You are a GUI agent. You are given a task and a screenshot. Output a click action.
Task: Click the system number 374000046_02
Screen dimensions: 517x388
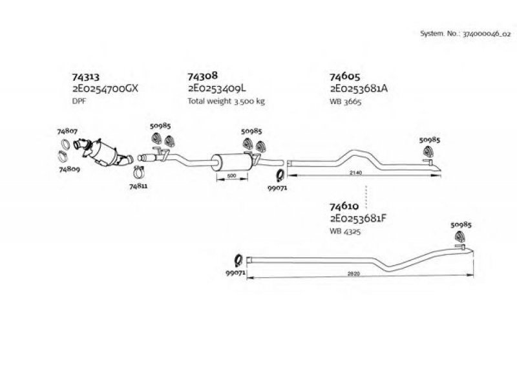(x=487, y=34)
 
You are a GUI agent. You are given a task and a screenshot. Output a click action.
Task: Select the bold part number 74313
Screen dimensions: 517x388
(x=86, y=77)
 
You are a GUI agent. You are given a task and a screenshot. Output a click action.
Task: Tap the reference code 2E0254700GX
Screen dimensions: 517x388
(x=105, y=89)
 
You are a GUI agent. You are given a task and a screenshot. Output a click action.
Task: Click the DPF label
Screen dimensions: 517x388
(x=79, y=101)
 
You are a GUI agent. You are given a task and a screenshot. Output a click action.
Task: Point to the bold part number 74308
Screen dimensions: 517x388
(x=203, y=76)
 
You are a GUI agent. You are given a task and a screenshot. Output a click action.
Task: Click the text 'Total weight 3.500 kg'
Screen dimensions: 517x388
(x=226, y=101)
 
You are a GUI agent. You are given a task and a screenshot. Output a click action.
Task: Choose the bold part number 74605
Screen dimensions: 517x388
(x=345, y=76)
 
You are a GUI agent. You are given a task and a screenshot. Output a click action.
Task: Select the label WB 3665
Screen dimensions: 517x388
(x=346, y=102)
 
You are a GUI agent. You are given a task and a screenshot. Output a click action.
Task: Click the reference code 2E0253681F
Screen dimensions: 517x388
(x=358, y=219)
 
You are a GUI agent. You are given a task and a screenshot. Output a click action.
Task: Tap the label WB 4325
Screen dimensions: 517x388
(x=345, y=232)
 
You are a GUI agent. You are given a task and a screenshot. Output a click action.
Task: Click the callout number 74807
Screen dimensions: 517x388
(x=67, y=131)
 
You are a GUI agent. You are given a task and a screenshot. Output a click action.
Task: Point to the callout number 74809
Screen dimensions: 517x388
(x=70, y=169)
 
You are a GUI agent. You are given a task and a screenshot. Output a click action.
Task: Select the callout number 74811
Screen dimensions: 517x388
(x=138, y=186)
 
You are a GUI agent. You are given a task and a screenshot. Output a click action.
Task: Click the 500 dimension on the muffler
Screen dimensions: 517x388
(x=232, y=176)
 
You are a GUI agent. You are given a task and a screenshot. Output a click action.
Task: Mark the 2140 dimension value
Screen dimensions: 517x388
(x=356, y=173)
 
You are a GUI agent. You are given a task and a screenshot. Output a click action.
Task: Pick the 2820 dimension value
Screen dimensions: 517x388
(x=353, y=274)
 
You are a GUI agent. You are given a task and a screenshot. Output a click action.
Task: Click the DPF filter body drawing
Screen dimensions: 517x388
(x=103, y=153)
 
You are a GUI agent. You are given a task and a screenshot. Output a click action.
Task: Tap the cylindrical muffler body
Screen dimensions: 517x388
(x=231, y=162)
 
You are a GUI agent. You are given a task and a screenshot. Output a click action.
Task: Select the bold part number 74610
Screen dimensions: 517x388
(x=344, y=206)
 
